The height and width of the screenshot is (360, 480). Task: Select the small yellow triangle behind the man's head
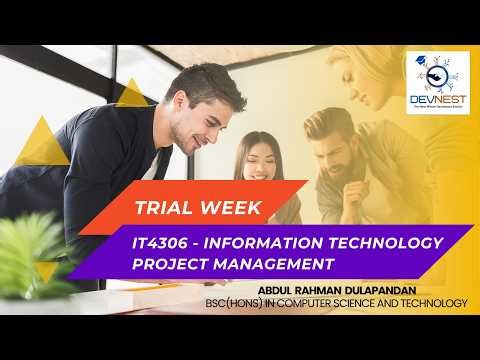[x=131, y=94]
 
